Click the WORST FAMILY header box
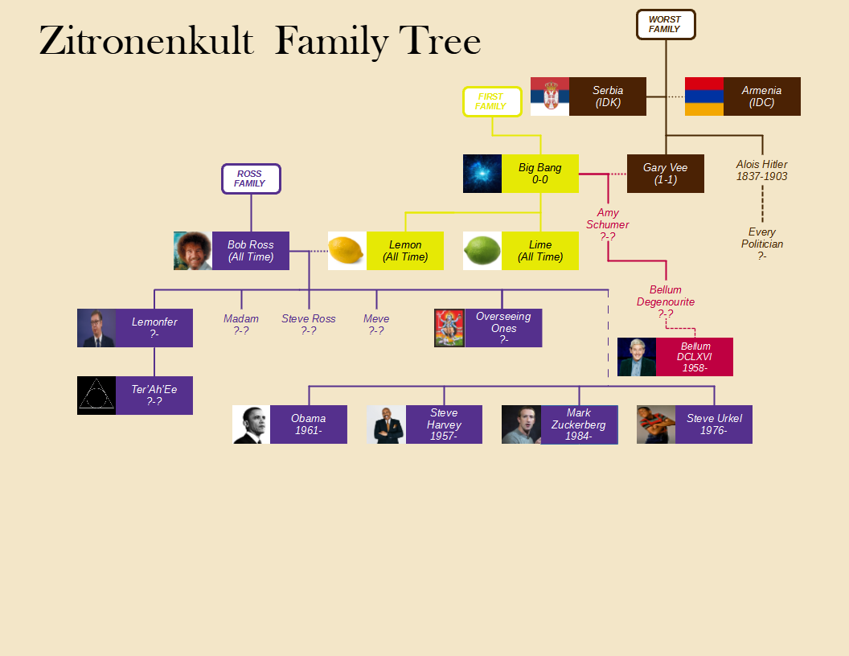pos(666,24)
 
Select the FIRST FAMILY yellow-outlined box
pos(492,102)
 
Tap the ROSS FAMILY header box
pos(251,178)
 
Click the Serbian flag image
pos(550,96)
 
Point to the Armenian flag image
pos(704,96)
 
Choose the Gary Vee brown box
pos(666,174)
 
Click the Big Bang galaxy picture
pos(482,174)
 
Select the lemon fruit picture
pos(347,251)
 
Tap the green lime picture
pos(482,251)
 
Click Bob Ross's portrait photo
pos(193,251)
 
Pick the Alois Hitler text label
pos(762,170)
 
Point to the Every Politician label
pos(762,244)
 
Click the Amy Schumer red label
pos(608,224)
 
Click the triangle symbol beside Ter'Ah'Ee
pos(96,396)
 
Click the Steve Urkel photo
pos(656,424)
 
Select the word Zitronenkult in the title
pos(146,40)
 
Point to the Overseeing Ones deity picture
pos(449,328)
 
